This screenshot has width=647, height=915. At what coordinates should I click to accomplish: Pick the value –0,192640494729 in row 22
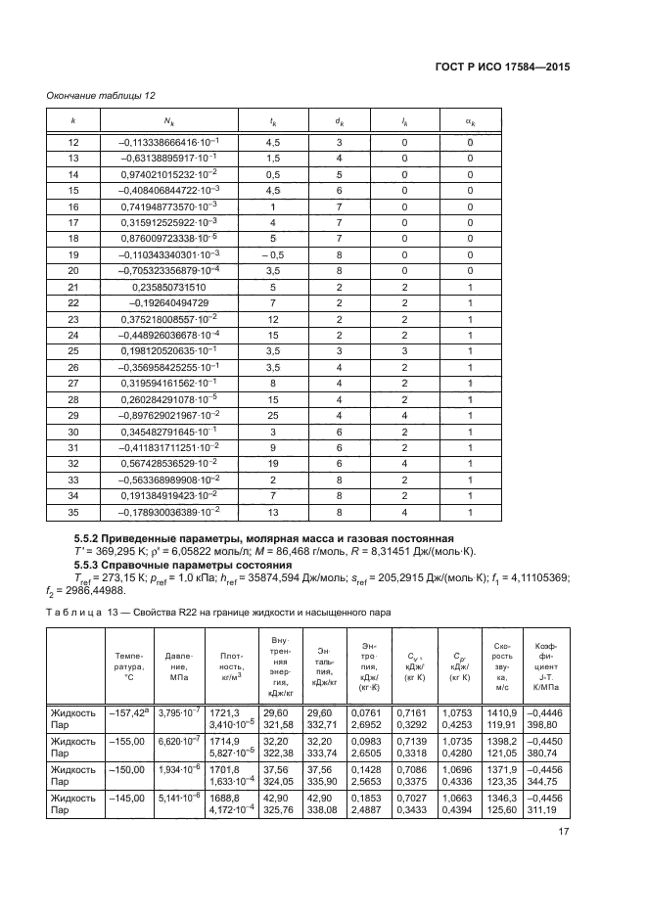pyautogui.click(x=162, y=302)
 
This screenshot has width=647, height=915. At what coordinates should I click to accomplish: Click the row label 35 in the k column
pyautogui.click(x=70, y=511)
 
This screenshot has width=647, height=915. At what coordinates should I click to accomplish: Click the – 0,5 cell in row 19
pyautogui.click(x=273, y=254)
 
